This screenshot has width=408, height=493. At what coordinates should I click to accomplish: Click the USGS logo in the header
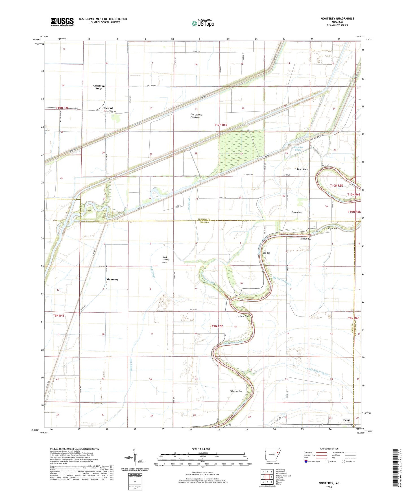62,22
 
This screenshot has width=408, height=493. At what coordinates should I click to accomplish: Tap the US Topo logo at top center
202,23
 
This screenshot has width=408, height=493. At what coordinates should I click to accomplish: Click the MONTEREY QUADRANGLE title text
337,19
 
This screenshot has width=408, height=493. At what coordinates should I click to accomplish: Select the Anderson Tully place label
99,87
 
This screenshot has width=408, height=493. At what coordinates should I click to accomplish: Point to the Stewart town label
108,108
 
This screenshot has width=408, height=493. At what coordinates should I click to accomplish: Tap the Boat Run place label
302,169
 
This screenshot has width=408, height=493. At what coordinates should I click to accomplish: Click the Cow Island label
297,212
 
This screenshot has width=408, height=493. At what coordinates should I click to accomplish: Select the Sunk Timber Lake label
165,260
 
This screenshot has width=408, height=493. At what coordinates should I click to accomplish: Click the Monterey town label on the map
112,279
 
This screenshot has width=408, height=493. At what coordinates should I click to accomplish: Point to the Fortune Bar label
242,316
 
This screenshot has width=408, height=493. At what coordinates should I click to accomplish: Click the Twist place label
346,420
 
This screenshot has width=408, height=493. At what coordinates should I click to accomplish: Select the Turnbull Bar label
305,239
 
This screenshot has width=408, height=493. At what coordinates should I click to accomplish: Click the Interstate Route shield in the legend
306,461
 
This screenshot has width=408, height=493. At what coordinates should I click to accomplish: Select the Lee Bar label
266,253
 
